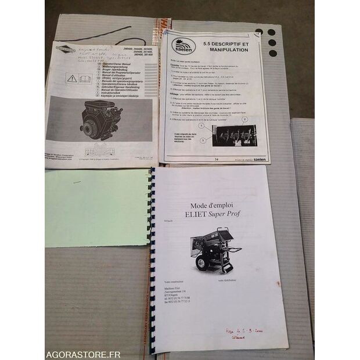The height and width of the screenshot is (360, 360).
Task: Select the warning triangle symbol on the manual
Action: (71, 77)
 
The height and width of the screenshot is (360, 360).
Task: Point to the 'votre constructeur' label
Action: (177, 280)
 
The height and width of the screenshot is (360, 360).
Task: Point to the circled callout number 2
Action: (244, 119)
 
